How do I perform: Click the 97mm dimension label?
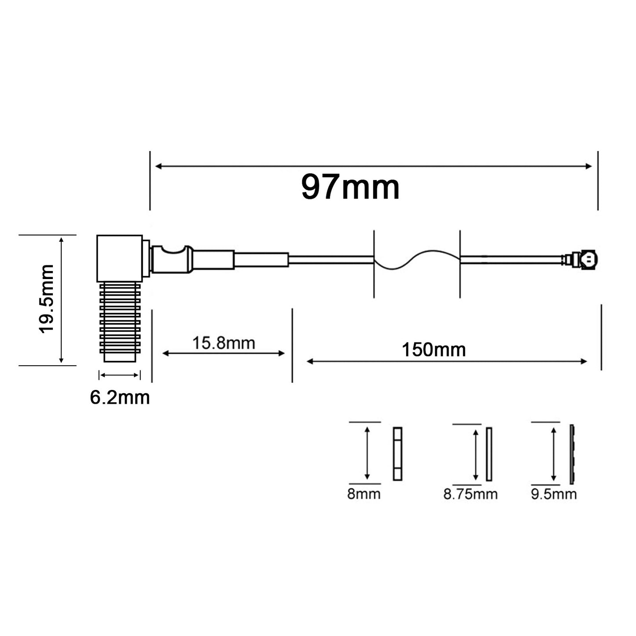coord(350,187)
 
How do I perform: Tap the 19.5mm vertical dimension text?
coord(46,299)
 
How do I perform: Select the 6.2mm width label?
coord(120,398)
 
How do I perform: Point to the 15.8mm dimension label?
coord(224,343)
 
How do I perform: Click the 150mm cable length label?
coord(434,350)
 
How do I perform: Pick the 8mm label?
coord(364,494)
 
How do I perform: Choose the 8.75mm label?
coord(470,494)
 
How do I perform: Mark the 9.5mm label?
coord(554,494)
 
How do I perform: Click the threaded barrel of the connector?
coord(120,321)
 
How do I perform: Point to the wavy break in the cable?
coord(416,259)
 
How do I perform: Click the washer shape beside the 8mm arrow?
coord(397,453)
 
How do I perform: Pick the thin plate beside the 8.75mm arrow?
coord(489,454)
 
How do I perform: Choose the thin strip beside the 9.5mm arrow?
coord(573,453)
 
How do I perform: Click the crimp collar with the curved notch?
coord(172,260)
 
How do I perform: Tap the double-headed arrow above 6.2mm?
coord(120,375)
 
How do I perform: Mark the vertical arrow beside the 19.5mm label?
coord(62,300)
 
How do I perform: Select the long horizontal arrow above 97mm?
coord(374,166)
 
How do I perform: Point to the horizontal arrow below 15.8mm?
coord(224,353)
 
